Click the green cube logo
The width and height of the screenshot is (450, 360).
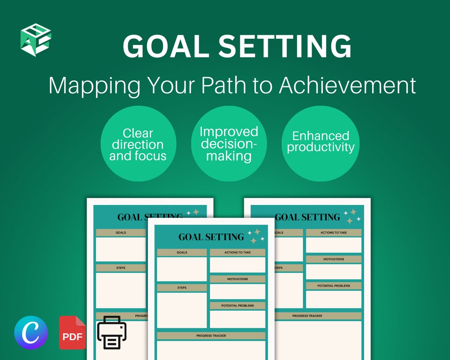pyautogui.click(x=36, y=40)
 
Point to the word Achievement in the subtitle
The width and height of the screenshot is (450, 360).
pyautogui.click(x=347, y=85)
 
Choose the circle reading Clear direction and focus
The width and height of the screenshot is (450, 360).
pyautogui.click(x=138, y=144)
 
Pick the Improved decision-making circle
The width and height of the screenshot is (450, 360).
pyautogui.click(x=229, y=144)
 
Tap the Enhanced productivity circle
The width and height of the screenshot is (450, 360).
pyautogui.click(x=320, y=141)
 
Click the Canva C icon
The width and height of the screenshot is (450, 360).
pyautogui.click(x=31, y=332)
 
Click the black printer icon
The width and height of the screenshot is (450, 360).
pyautogui.click(x=112, y=332)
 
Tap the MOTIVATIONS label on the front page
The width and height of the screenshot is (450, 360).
pyautogui.click(x=237, y=279)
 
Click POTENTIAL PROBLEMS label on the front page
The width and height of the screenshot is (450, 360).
pyautogui.click(x=237, y=305)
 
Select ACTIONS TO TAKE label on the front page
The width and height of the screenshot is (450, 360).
pyautogui.click(x=237, y=252)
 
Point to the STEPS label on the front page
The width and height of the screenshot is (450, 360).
pyautogui.click(x=182, y=287)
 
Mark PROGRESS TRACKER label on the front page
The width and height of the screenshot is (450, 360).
pyautogui.click(x=211, y=335)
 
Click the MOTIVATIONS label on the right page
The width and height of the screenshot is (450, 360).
pyautogui.click(x=334, y=259)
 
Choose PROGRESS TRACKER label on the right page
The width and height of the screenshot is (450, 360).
pyautogui.click(x=307, y=316)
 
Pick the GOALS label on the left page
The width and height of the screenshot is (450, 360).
pyautogui.click(x=121, y=232)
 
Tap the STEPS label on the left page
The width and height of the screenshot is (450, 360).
pyautogui.click(x=121, y=268)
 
